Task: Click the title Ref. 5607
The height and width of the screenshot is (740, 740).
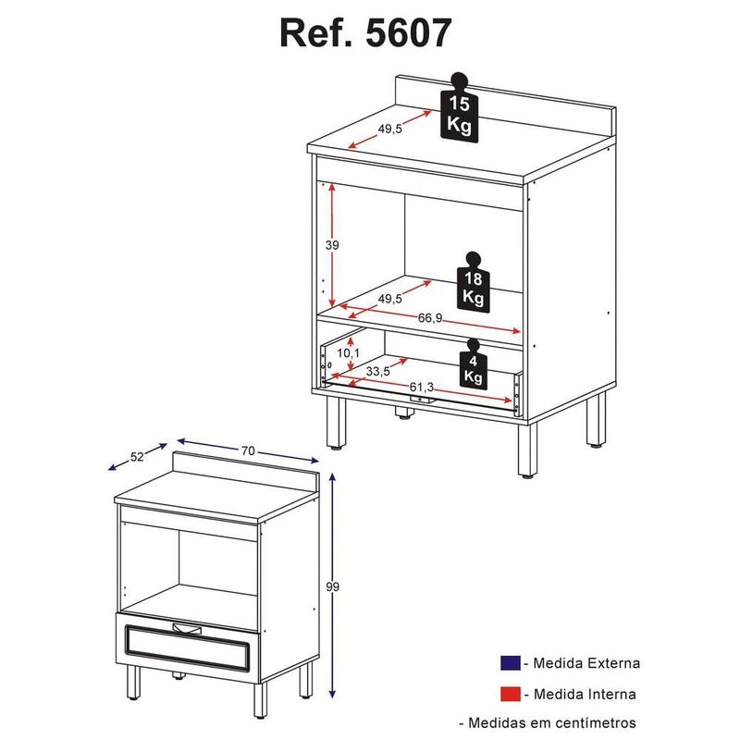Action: click(x=366, y=33)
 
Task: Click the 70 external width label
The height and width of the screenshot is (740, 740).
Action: click(x=248, y=450)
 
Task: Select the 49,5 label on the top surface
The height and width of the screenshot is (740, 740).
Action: click(x=389, y=129)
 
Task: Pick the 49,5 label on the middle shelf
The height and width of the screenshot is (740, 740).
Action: click(x=389, y=298)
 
